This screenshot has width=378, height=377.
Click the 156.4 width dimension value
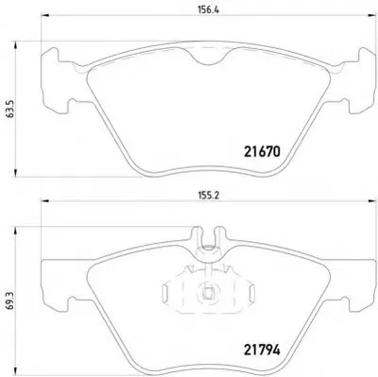click(208, 9)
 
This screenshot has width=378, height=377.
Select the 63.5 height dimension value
click(9, 110)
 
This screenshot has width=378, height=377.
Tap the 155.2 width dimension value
click(208, 196)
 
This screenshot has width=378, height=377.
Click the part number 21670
click(262, 152)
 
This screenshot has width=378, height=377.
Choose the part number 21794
click(262, 350)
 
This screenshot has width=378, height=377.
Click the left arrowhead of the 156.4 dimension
click(45, 14)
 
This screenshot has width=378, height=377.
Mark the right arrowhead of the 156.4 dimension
click(373, 14)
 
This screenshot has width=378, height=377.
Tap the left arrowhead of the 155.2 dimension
click(45, 200)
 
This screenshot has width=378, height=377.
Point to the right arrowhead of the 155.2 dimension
click(373, 200)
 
